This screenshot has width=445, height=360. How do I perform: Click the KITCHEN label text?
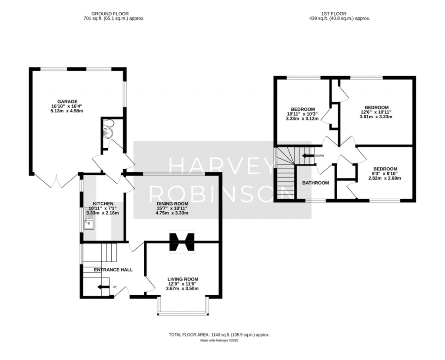(x=103, y=203)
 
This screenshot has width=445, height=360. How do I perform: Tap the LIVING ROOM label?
(x=183, y=279)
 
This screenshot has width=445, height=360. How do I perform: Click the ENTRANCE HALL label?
(x=113, y=270)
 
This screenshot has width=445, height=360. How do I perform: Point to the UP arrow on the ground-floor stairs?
(x=103, y=287)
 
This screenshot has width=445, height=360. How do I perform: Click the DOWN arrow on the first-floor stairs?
(x=308, y=155)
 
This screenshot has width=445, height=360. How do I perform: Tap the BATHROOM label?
(x=315, y=183)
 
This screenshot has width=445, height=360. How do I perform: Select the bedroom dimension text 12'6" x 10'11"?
(x=376, y=112)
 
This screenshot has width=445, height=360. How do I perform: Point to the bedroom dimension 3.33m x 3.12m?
(x=302, y=118)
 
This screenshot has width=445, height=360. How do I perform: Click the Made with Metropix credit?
(x=219, y=340)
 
